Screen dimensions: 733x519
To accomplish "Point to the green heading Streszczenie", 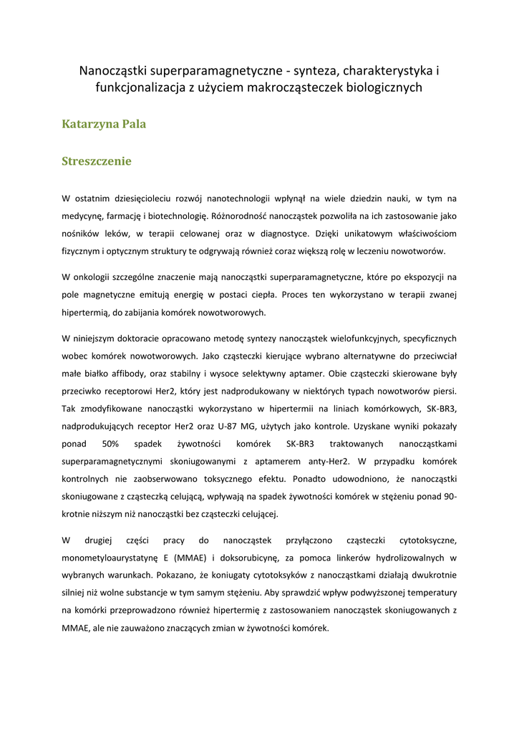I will point(97,161).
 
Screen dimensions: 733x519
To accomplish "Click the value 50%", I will point(111,444).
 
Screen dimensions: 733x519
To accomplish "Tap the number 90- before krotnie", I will point(450,497).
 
